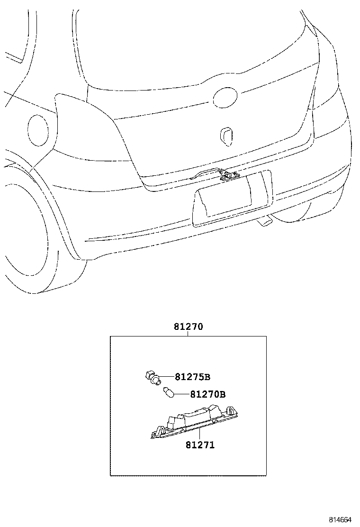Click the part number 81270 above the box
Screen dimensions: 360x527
pyautogui.click(x=189, y=327)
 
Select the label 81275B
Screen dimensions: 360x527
pyautogui.click(x=192, y=377)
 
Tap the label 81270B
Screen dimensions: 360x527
pyautogui.click(x=207, y=394)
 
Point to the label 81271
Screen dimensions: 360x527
pyautogui.click(x=199, y=445)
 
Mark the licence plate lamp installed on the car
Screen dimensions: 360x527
pyautogui.click(x=229, y=176)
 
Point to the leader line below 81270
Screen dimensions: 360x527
pyautogui.click(x=189, y=334)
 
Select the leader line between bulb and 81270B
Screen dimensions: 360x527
pyautogui.click(x=182, y=393)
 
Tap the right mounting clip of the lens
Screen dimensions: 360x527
pyautogui.click(x=233, y=410)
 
